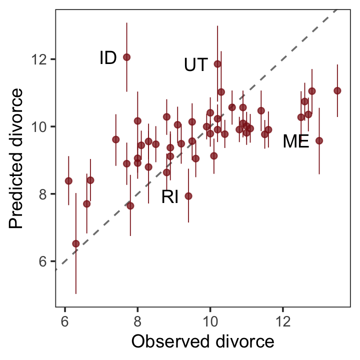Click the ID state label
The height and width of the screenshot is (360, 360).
pos(108,58)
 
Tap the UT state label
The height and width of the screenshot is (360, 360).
pos(195,65)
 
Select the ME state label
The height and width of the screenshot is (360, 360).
pos(295,142)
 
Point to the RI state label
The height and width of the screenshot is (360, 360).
pos(170,197)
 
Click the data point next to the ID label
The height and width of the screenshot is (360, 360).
pos(126,57)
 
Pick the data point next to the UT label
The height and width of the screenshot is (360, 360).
pos(217,64)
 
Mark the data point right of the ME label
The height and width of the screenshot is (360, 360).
pos(319,140)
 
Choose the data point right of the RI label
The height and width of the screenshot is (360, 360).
pos(188,196)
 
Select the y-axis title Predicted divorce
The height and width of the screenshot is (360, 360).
pos(16,158)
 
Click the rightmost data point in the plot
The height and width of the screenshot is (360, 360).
pos(337,90)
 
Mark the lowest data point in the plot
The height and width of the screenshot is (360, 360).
pos(76,243)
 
